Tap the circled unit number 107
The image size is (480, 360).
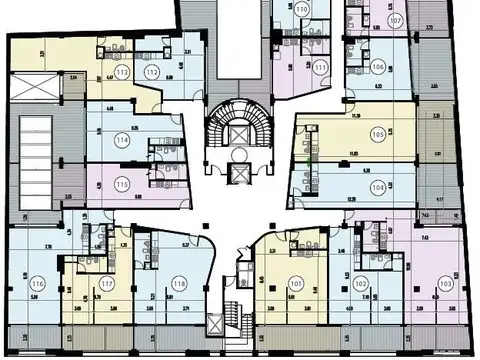pyautogui.click(x=396, y=20)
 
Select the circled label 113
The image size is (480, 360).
pyautogui.click(x=121, y=73)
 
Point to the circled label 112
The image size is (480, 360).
pyautogui.click(x=151, y=73)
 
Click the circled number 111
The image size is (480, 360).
pyautogui.click(x=320, y=67)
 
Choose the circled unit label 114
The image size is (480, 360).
pyautogui.click(x=123, y=141)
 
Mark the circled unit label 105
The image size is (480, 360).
pyautogui.click(x=378, y=134)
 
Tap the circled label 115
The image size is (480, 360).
pyautogui.click(x=122, y=185)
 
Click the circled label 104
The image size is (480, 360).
pyautogui.click(x=377, y=187)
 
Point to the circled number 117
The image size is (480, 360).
pyautogui.click(x=107, y=284)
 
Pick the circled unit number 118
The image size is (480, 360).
pyautogui.click(x=179, y=284)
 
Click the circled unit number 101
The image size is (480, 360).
pyautogui.click(x=295, y=284)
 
